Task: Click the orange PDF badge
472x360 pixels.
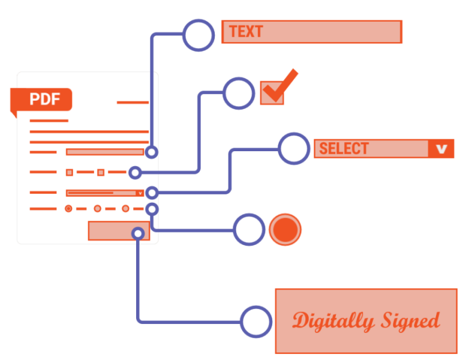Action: tap(41, 100)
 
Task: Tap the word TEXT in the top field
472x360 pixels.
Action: tap(246, 32)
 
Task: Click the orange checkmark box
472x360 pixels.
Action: tap(272, 93)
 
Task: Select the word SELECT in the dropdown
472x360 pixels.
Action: tap(344, 148)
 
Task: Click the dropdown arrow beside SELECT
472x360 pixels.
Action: tap(441, 149)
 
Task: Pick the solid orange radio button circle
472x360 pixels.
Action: tap(285, 229)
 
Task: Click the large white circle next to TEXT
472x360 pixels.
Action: tap(198, 35)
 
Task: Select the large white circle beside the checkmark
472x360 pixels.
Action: tap(239, 93)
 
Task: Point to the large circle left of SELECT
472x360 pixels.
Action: tap(294, 148)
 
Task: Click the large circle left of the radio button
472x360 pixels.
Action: tap(249, 229)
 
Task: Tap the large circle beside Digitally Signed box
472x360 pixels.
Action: tap(256, 322)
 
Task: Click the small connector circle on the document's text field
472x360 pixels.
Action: tap(151, 152)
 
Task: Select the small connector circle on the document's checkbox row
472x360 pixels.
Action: tap(135, 173)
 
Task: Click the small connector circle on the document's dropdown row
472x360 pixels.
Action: tap(152, 193)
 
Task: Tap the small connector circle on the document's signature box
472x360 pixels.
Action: tap(139, 233)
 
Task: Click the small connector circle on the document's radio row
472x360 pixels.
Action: tap(152, 209)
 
